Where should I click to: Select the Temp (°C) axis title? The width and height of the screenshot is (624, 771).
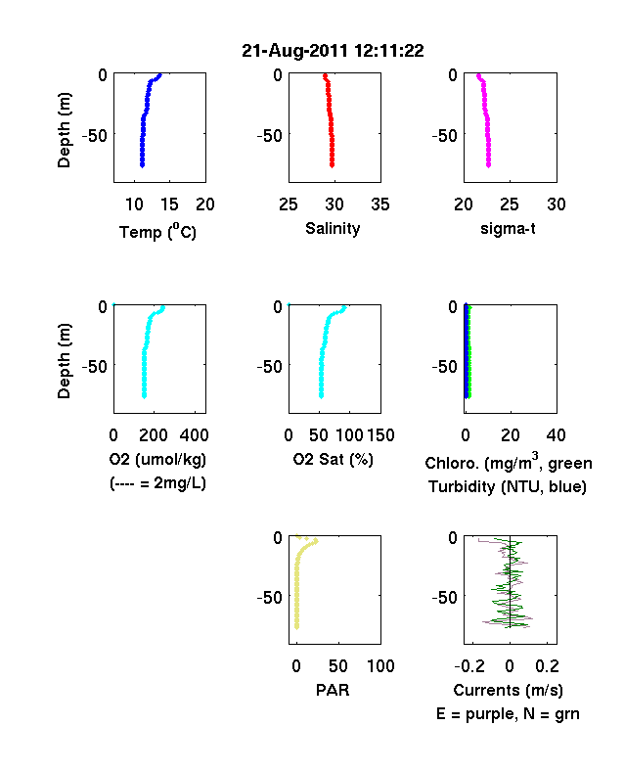[x=157, y=231]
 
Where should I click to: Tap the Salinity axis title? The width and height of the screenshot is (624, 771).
[x=333, y=229]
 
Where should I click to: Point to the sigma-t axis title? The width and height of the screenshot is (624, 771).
[x=508, y=229]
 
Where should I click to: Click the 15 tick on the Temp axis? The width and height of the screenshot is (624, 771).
[x=169, y=204]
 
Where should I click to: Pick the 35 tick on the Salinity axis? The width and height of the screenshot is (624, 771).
[x=380, y=204]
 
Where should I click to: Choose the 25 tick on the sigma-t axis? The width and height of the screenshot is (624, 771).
[x=509, y=204]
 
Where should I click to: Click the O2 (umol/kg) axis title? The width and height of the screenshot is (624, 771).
[x=157, y=459]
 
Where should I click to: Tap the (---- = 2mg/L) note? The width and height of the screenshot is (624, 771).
[x=157, y=483]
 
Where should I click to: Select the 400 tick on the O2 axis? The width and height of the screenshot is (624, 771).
[x=194, y=435]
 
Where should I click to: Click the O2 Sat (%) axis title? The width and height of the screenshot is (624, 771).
[x=334, y=459]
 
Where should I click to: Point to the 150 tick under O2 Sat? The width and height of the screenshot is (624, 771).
[x=380, y=435]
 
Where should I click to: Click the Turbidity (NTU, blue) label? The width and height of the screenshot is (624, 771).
[x=508, y=487]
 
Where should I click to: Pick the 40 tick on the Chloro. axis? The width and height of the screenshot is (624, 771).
[x=556, y=435]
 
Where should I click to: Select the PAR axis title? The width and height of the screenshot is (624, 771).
[x=333, y=690]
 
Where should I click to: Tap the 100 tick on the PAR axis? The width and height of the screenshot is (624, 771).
[x=380, y=666]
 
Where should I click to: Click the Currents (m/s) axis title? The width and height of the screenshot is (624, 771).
[x=508, y=691]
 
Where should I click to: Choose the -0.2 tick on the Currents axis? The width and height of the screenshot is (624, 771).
[x=469, y=666]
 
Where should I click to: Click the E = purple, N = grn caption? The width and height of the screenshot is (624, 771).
[x=508, y=714]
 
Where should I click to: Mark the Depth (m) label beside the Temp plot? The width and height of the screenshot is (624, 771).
[x=64, y=130]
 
